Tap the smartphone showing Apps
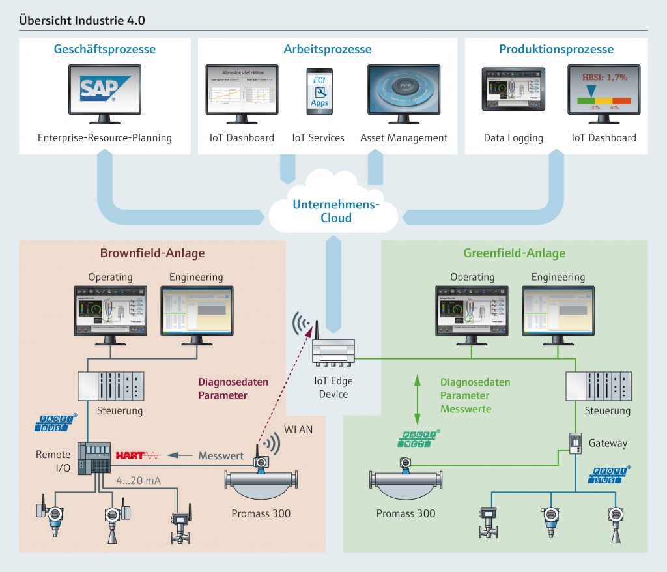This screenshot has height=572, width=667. coord(319,91)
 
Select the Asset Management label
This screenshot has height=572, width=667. coord(404,138)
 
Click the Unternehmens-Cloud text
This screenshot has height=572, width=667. coord(335,211)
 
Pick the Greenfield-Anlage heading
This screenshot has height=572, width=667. coord(514,253)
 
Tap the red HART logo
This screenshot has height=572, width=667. coord(137,456)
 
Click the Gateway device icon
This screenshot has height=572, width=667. coord(575,444)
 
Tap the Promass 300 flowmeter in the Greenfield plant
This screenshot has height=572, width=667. coord(405,482)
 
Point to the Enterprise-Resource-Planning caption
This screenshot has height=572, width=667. coord(105,138)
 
